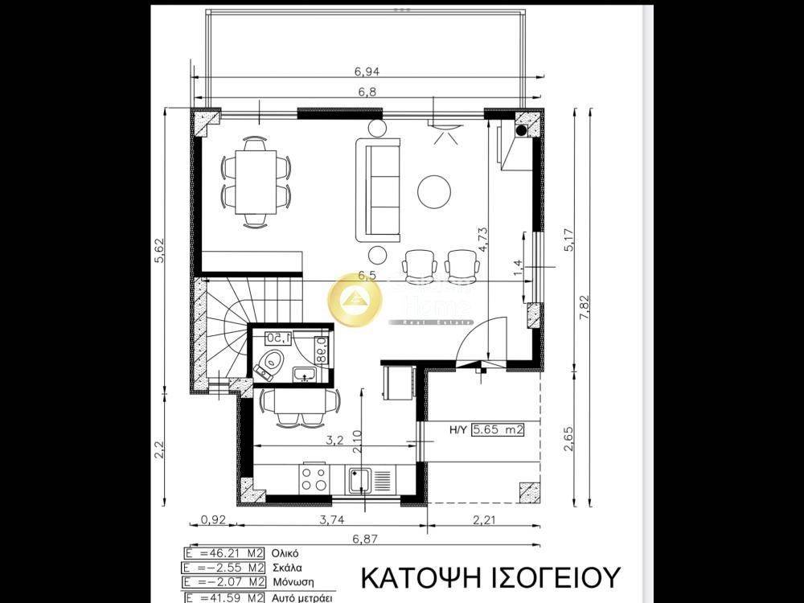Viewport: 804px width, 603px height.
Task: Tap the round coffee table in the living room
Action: (x=434, y=190)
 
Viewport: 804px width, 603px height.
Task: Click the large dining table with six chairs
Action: (x=256, y=183)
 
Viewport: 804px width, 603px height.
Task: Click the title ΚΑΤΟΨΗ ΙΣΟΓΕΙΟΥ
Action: (x=490, y=577)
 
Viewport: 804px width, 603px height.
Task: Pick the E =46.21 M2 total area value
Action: (x=219, y=553)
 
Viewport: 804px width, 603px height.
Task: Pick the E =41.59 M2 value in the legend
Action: (x=219, y=597)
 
